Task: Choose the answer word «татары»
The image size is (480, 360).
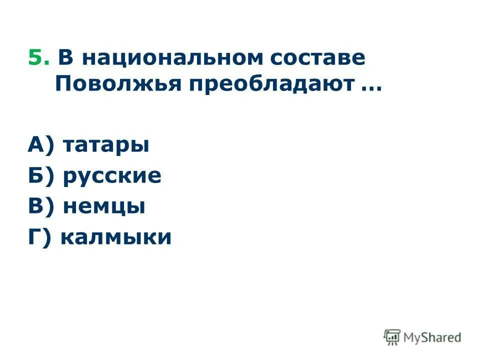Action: point(106,146)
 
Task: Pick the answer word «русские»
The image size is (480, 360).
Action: point(112,176)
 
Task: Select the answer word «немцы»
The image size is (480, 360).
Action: point(104,206)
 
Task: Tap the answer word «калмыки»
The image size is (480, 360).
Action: point(116,236)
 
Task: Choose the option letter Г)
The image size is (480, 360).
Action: point(40,236)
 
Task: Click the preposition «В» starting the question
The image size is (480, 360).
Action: point(65,58)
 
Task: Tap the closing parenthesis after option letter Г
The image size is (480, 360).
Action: point(49,236)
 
